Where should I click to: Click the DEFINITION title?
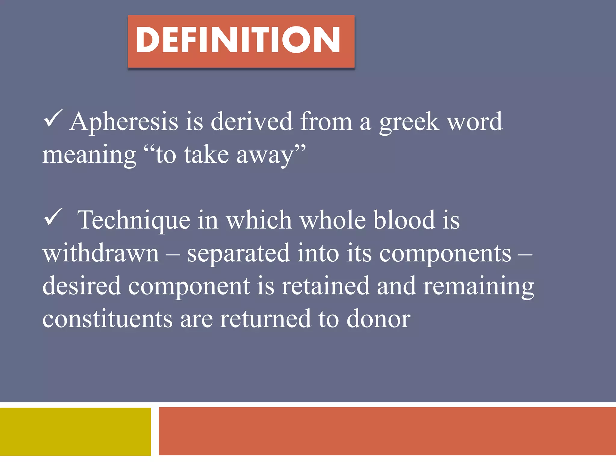238,40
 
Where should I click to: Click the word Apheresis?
124,122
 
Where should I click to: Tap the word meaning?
89,155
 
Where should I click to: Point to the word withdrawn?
101,253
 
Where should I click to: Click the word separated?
239,254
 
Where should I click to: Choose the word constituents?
107,319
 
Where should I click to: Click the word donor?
378,319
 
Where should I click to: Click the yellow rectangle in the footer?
75,431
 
